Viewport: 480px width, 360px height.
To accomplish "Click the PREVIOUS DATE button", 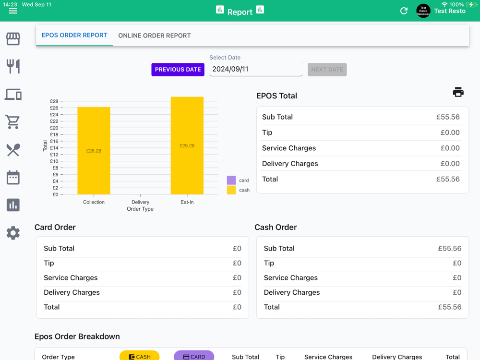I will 178,70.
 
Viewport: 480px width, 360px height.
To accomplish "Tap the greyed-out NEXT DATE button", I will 327,70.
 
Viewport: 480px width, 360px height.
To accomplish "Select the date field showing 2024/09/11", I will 255,69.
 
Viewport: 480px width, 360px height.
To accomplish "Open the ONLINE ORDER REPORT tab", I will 154,36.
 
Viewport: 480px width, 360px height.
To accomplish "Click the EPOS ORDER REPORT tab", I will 74,36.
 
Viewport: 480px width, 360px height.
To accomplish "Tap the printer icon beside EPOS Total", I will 458,92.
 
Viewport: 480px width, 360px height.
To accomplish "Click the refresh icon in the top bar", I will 404,11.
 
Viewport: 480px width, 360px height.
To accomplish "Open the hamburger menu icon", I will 13,11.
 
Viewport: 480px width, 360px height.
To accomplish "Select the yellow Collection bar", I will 94,151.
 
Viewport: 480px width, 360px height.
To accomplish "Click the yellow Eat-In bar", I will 187,145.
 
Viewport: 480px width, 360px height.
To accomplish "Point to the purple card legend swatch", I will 231,180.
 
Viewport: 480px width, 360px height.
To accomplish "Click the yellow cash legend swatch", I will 231,190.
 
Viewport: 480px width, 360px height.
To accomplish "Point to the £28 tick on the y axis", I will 54,101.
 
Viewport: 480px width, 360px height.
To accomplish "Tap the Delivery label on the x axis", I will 140,202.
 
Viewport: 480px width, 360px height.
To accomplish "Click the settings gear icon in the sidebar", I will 13,233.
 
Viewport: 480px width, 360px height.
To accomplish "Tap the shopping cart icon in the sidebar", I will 13,122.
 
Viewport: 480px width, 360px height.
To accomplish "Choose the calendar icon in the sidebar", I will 13,178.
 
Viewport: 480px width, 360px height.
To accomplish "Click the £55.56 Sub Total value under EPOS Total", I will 447,117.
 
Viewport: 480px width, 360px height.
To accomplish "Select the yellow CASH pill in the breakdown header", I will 139,356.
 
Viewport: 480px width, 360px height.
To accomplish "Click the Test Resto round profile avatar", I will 423,11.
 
